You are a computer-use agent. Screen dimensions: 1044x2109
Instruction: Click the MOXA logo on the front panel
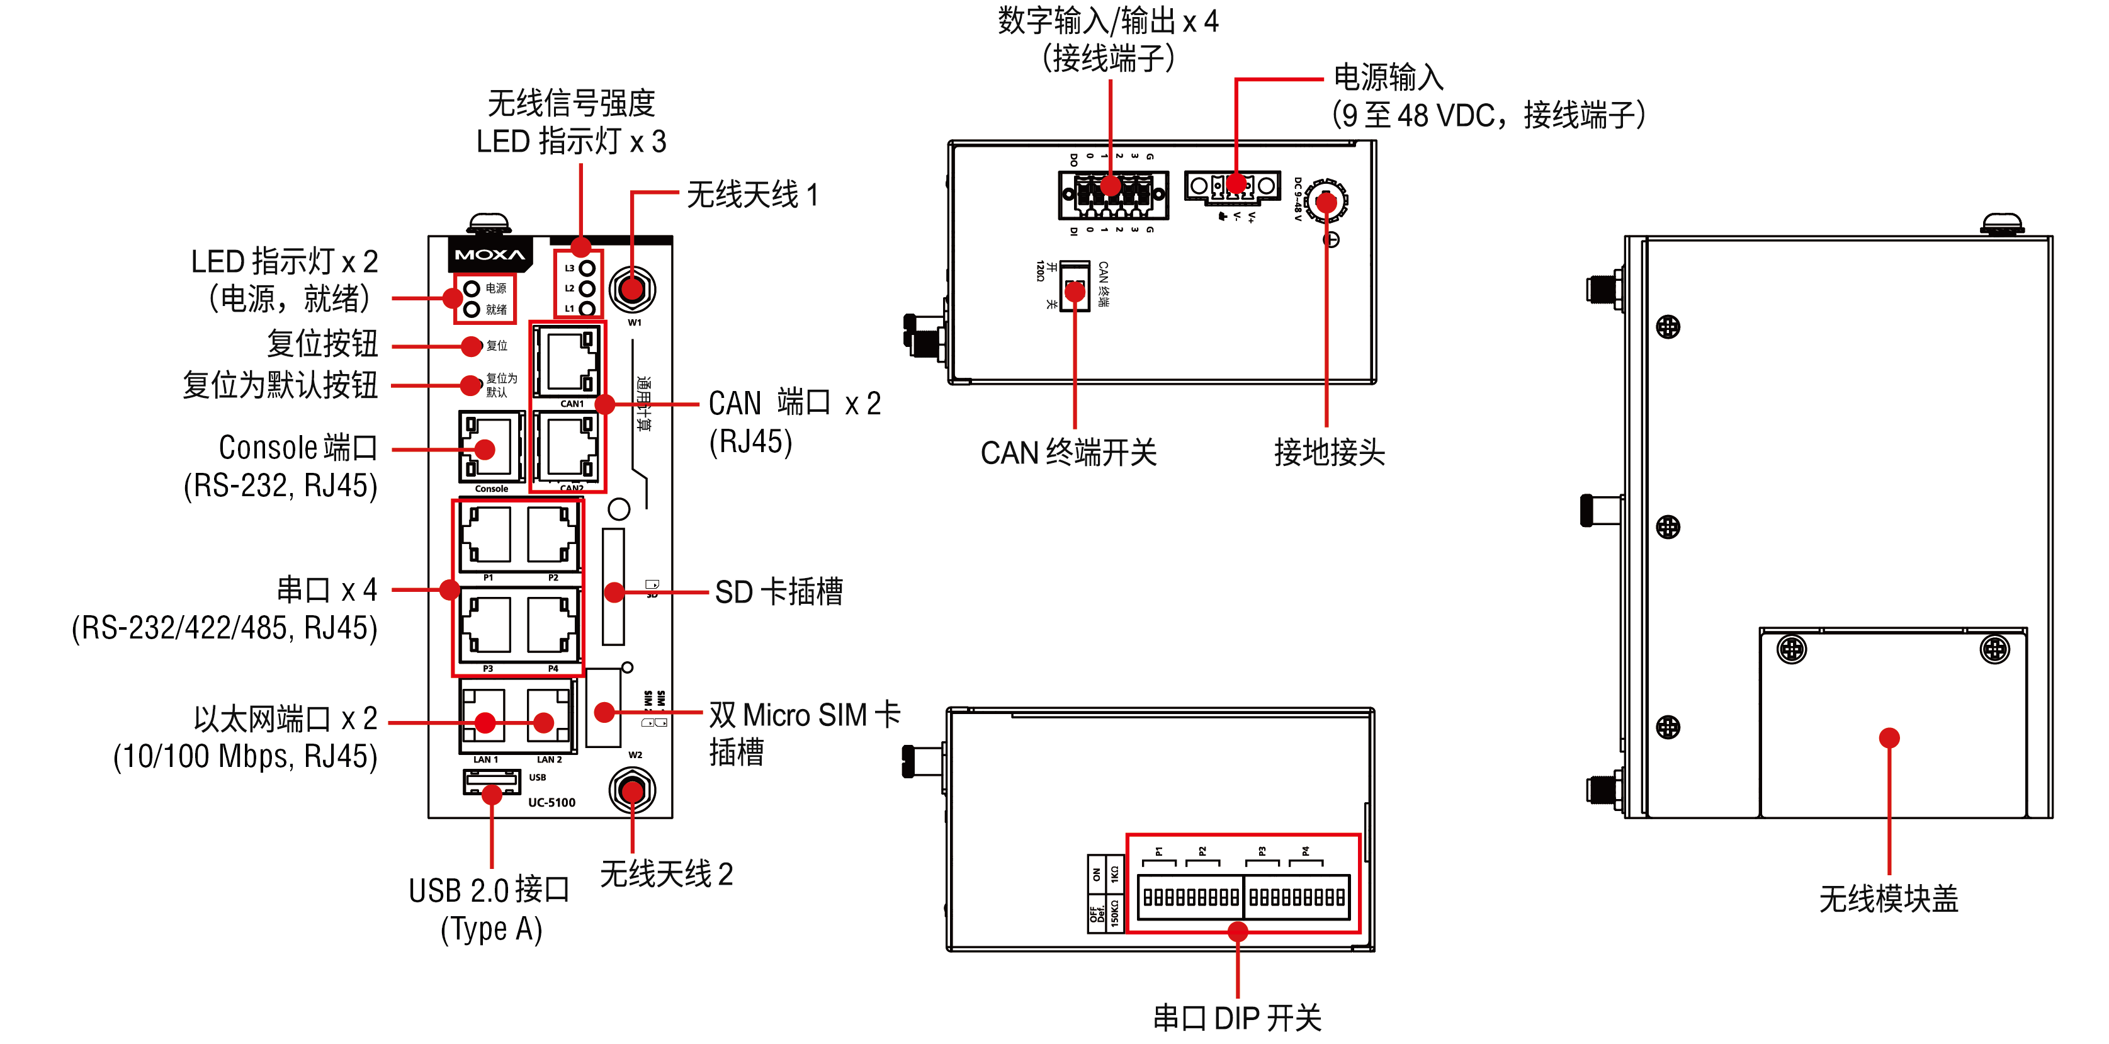click(490, 254)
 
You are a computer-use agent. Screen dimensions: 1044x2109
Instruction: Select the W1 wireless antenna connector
click(632, 289)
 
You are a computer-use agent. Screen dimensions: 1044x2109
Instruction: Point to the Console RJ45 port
click(490, 447)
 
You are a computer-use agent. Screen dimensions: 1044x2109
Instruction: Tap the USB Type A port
click(491, 783)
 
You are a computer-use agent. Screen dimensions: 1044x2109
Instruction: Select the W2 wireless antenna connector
click(632, 791)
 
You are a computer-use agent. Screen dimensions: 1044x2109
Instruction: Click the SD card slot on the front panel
click(613, 586)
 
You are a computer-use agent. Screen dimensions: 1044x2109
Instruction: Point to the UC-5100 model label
click(552, 802)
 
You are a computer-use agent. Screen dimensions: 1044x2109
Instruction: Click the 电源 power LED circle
click(472, 288)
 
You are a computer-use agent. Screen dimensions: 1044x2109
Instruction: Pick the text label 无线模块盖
click(1888, 899)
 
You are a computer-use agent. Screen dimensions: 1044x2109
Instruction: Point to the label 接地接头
click(1329, 452)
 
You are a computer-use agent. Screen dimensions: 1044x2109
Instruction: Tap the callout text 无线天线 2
click(667, 875)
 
